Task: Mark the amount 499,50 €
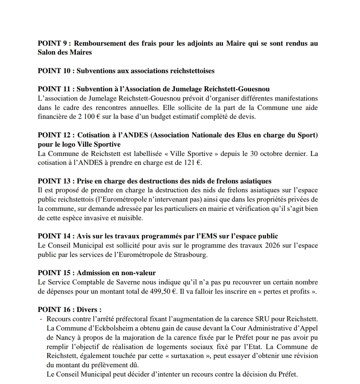point(162,291)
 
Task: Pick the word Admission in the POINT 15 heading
point(93,273)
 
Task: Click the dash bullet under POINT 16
point(40,319)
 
